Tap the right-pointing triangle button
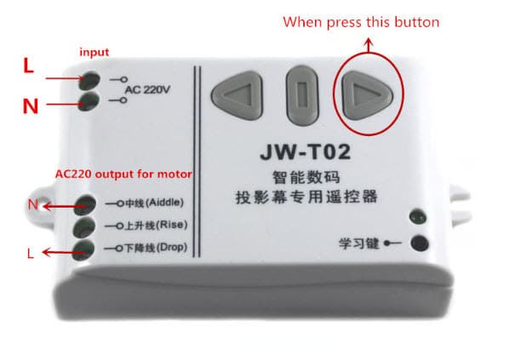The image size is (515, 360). point(367,91)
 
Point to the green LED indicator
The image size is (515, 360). point(414,218)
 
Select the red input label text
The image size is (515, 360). point(94,53)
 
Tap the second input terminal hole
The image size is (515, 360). point(89,102)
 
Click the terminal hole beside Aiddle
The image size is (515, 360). point(84,205)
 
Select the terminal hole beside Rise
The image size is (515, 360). point(84,228)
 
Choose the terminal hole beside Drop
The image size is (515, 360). point(84,250)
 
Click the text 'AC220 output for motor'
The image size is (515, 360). point(123,174)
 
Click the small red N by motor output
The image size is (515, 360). point(32,204)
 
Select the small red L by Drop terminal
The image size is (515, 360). point(31,253)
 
